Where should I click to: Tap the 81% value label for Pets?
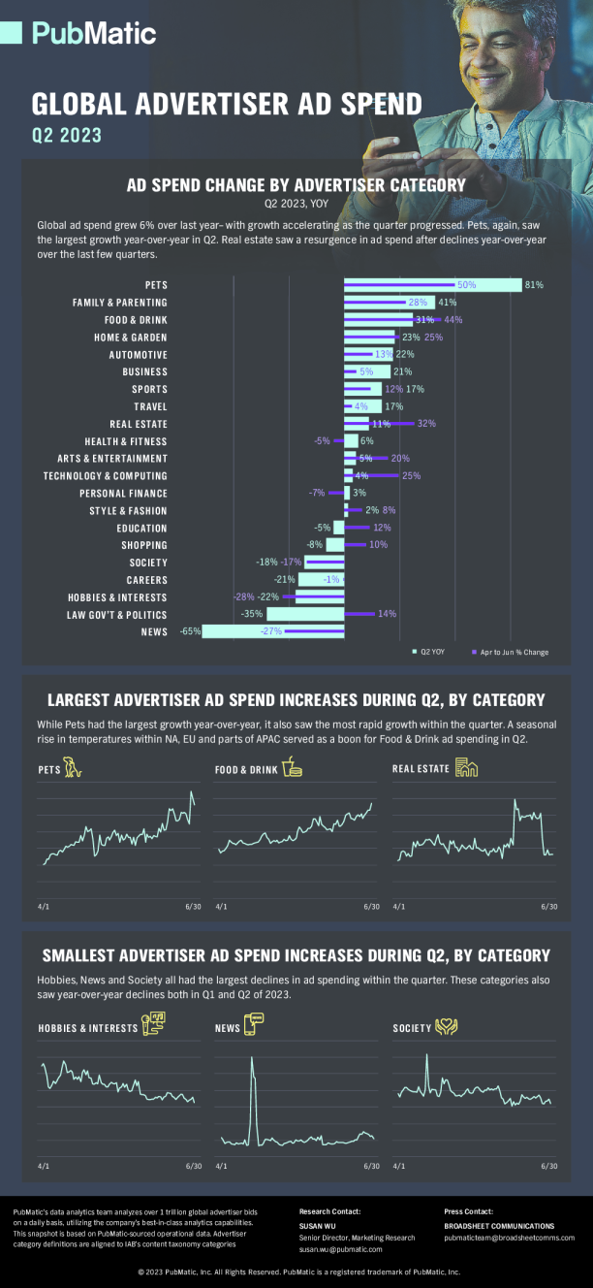[534, 285]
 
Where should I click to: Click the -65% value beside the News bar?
[190, 631]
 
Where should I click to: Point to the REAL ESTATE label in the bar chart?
[139, 424]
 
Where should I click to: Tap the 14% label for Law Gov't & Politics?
[387, 614]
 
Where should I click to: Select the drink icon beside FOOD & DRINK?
[292, 768]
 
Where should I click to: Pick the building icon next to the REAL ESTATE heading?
[467, 768]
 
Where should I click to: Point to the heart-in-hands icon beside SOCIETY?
[446, 1026]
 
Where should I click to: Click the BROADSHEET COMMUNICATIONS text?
[499, 1226]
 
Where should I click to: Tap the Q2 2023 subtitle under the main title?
[67, 136]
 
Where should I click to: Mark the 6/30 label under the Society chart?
[548, 1167]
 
